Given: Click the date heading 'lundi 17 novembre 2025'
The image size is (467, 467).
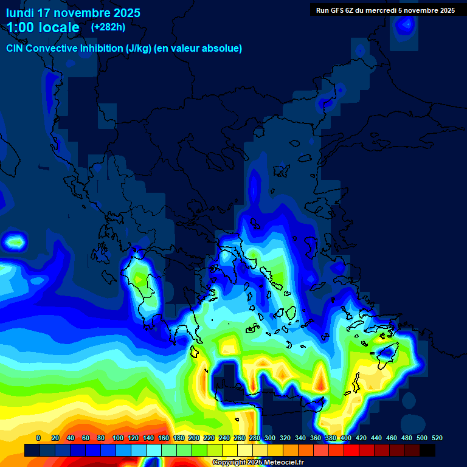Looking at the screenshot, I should click(x=73, y=13).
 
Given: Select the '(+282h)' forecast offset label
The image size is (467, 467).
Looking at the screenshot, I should click(x=108, y=27).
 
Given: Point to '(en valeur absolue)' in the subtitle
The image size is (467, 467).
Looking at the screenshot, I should click(x=198, y=49).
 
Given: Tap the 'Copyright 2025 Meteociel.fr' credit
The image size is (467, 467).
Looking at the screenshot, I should click(x=257, y=463).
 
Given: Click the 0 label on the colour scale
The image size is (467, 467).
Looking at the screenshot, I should click(x=38, y=438).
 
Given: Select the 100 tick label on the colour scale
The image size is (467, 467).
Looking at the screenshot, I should click(x=117, y=438).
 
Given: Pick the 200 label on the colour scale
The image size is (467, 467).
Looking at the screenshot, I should click(x=193, y=438).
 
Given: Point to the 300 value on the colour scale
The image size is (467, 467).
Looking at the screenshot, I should click(x=269, y=438).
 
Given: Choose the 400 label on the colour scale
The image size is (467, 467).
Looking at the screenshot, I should click(x=345, y=438).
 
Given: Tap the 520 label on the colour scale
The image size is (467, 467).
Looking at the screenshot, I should click(x=437, y=438).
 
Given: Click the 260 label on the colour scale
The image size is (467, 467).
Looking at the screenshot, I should click(x=239, y=438).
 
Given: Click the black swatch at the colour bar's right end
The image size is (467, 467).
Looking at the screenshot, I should click(x=427, y=451).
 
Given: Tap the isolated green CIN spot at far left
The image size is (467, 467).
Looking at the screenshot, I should click(x=15, y=242).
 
